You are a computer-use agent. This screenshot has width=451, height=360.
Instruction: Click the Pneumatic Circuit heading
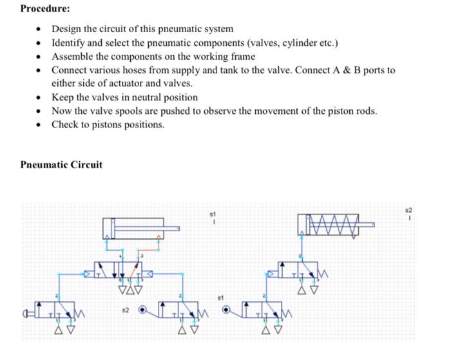click(x=61, y=165)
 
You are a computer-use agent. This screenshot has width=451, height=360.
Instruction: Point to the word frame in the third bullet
click(x=242, y=56)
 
